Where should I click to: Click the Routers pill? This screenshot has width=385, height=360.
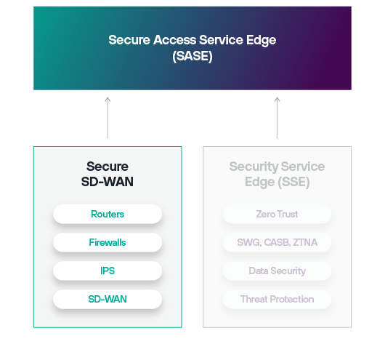tap(108, 214)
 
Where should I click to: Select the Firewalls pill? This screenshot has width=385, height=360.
tap(108, 242)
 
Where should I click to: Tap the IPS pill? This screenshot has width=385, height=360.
tap(108, 271)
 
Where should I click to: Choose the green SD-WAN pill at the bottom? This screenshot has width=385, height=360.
tap(108, 299)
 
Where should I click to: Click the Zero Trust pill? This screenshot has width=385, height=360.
tap(277, 214)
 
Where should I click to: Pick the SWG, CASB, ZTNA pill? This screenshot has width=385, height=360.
tap(277, 242)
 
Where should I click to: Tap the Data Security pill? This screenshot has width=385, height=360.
tap(277, 271)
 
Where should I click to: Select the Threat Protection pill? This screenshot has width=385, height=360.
tap(277, 299)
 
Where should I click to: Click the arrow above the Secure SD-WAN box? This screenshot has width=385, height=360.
tap(108, 118)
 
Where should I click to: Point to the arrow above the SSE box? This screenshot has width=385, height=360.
tap(277, 118)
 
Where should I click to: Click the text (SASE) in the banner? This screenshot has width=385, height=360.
tap(192, 56)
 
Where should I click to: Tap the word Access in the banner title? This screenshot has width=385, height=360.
tap(175, 40)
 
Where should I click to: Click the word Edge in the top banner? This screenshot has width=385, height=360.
tap(262, 40)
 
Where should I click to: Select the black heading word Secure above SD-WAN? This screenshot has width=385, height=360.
tap(108, 167)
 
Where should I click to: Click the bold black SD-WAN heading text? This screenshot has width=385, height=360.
tap(108, 182)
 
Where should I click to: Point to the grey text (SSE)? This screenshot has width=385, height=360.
tap(293, 183)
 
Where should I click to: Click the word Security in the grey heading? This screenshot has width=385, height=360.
tap(254, 167)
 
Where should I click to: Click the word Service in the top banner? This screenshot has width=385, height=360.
tap(221, 40)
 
